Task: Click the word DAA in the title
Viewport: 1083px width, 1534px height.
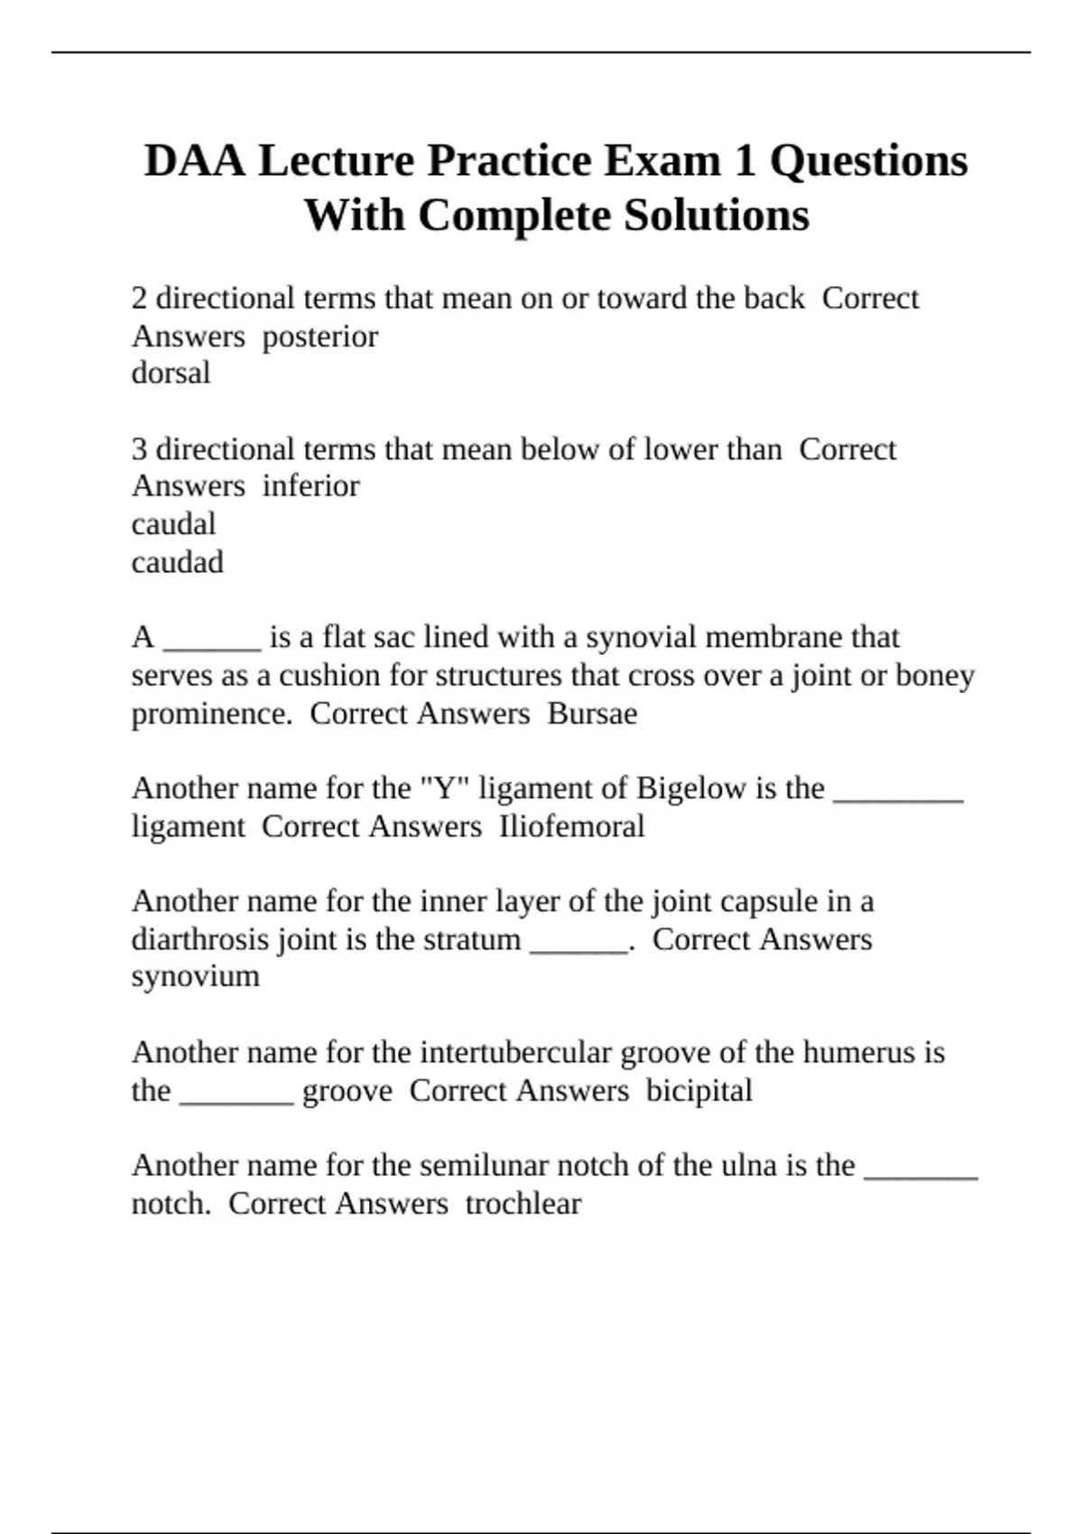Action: click(x=193, y=161)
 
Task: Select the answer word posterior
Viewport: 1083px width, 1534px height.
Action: click(x=320, y=337)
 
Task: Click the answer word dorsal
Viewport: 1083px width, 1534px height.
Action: click(x=171, y=373)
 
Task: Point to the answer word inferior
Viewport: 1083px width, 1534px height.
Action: click(x=310, y=486)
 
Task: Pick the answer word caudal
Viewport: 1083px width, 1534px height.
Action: click(x=173, y=524)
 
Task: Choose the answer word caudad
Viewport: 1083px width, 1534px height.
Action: click(x=177, y=562)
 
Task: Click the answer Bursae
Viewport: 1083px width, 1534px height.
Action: click(x=592, y=714)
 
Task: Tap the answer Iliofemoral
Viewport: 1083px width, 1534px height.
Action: click(x=571, y=827)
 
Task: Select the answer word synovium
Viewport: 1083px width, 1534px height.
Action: click(x=195, y=976)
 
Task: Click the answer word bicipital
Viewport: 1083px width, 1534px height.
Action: click(x=699, y=1091)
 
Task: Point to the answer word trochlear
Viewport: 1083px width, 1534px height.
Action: click(x=523, y=1204)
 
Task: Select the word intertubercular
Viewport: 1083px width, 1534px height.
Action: click(x=517, y=1053)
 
